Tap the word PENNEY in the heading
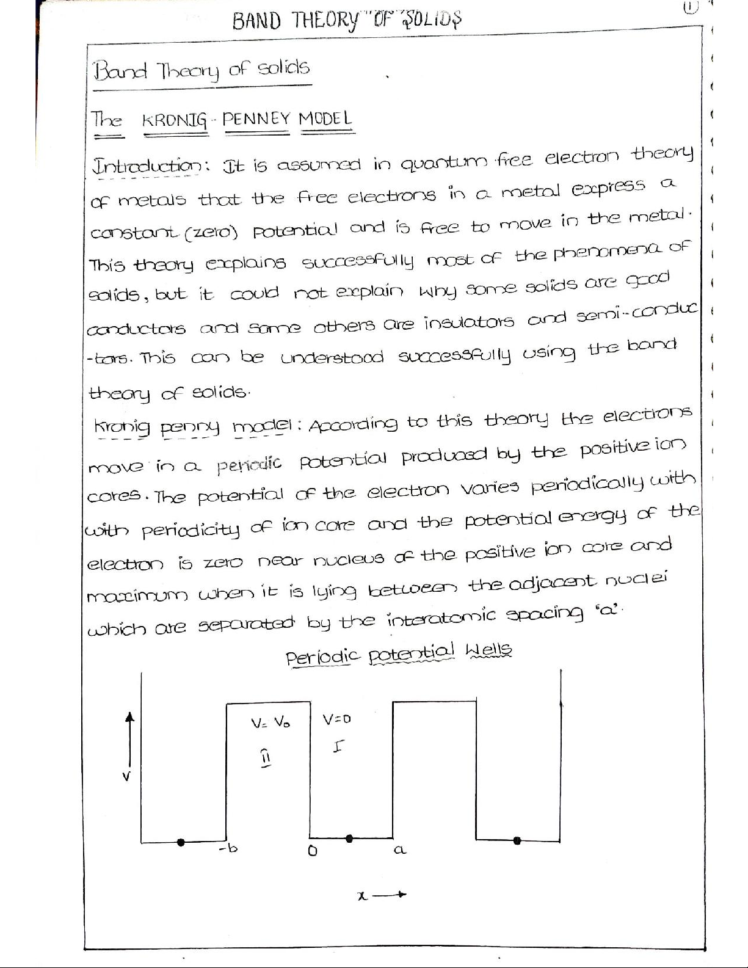tap(256, 118)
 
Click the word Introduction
tap(147, 166)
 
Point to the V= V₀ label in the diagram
tap(271, 722)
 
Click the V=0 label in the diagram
tap(336, 719)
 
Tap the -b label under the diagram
tap(228, 848)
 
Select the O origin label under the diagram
tap(312, 850)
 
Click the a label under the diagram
tap(399, 850)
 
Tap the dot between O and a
tap(349, 839)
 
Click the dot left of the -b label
tap(180, 842)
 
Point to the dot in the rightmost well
tap(517, 841)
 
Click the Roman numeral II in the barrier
tap(266, 757)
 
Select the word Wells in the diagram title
tap(488, 650)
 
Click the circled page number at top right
tap(690, 7)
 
